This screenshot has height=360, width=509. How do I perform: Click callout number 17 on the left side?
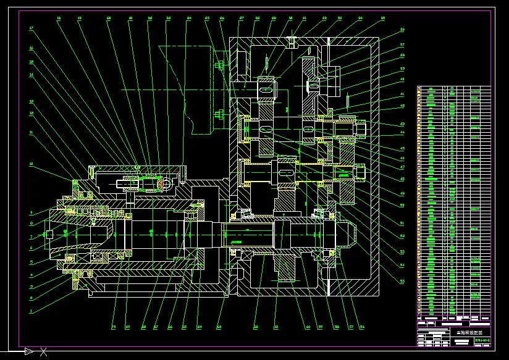pos(31,28)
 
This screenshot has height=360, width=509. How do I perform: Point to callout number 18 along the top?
pos(59,19)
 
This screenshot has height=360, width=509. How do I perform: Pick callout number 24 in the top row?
pos(189,19)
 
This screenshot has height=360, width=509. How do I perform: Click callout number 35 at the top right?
pos(383,19)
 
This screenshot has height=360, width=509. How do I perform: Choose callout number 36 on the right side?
pos(402,30)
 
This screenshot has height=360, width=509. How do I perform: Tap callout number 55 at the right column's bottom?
pos(402,281)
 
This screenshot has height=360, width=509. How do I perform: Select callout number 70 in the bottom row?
pos(114,326)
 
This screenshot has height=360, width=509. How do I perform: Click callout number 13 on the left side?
pos(31,101)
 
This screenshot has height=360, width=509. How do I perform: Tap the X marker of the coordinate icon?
pos(43,353)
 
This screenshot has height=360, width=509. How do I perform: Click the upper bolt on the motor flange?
pos(219,64)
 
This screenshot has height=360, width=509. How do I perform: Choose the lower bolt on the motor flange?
pos(219,114)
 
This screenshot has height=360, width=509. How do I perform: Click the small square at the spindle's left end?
pos(49,234)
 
